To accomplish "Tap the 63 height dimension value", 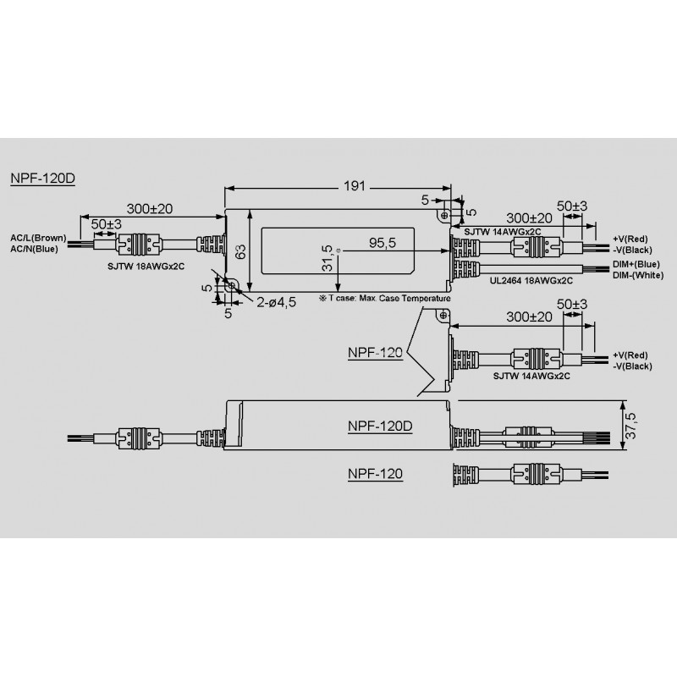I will (x=239, y=251).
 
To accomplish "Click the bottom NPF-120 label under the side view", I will (x=374, y=475).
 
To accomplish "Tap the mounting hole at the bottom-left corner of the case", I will (x=232, y=287).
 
